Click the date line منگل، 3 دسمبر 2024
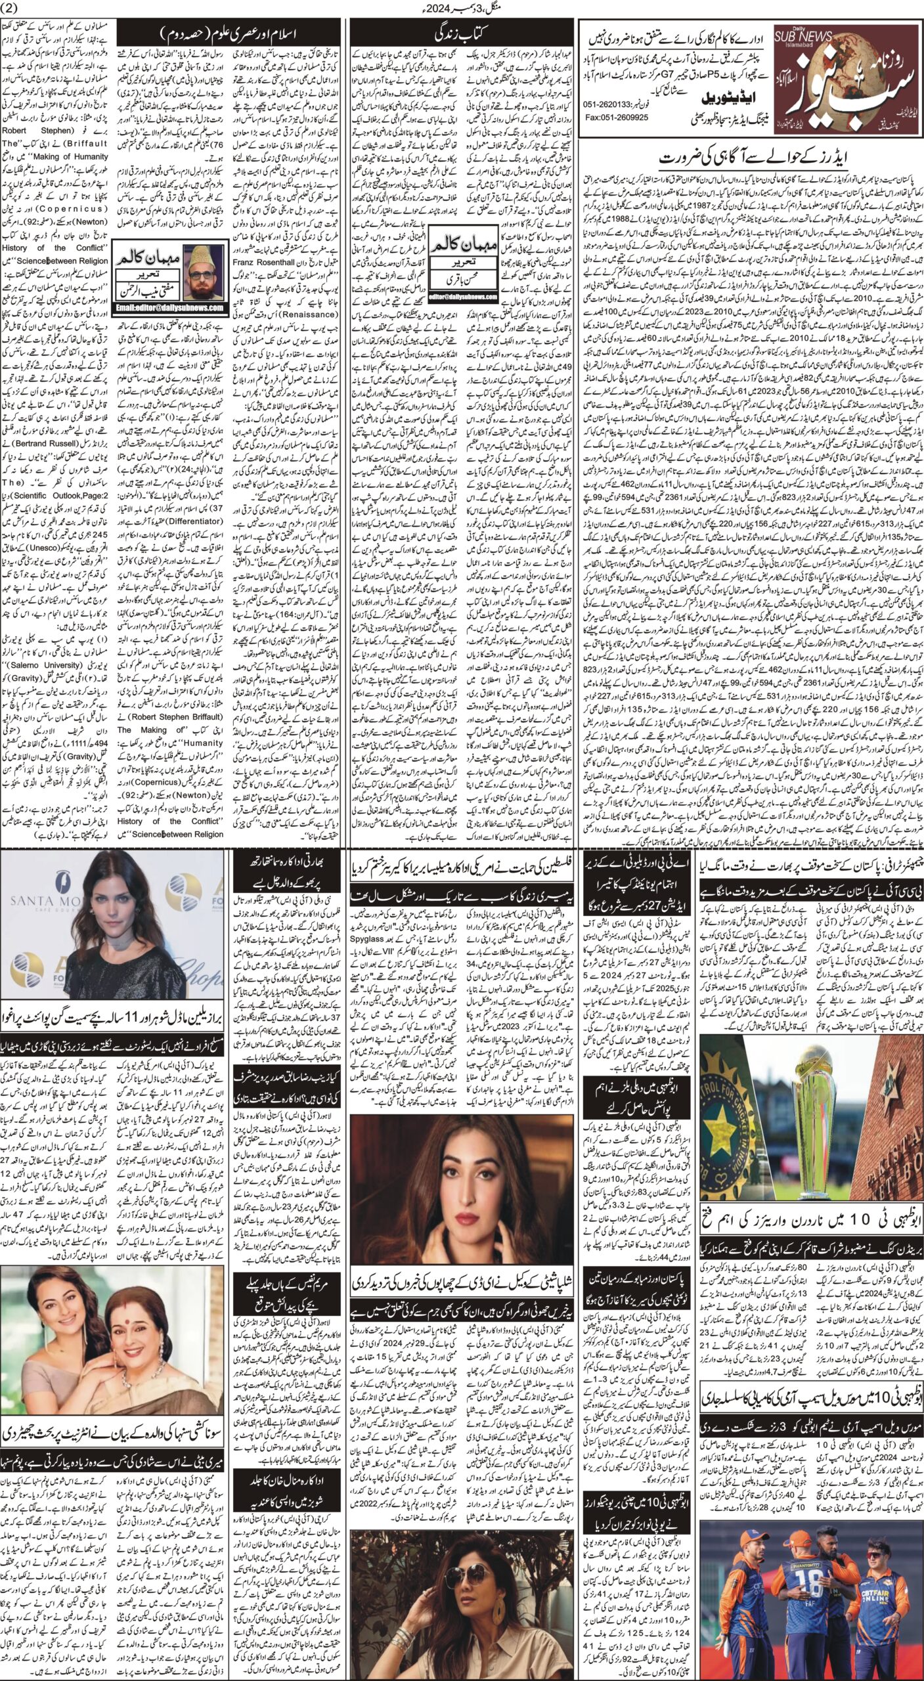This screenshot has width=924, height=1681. coord(461,9)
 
